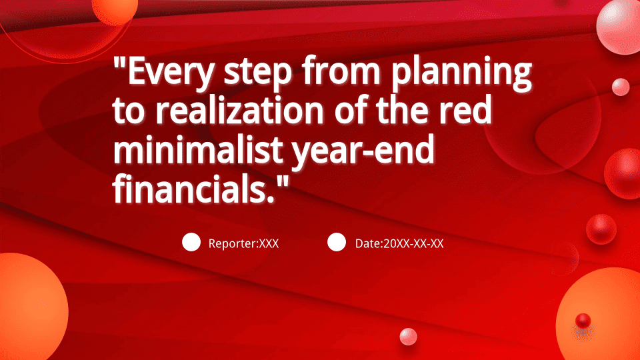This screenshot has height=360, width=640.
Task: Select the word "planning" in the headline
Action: (x=461, y=72)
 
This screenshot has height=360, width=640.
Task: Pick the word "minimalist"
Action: (x=198, y=149)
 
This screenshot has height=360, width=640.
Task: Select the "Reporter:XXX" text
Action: (x=244, y=244)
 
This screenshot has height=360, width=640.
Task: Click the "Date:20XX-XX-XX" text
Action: (x=399, y=244)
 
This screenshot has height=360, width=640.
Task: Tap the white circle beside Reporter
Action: (x=191, y=242)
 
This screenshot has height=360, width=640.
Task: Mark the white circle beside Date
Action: (x=337, y=242)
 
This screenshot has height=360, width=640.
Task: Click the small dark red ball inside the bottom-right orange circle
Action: (x=583, y=321)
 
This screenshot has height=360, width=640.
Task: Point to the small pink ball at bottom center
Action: (x=408, y=337)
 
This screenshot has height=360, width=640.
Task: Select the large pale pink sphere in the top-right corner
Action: (x=619, y=27)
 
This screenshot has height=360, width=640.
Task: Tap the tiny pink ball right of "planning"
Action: (x=621, y=87)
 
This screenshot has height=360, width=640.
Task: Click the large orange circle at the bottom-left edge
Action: (x=32, y=307)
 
